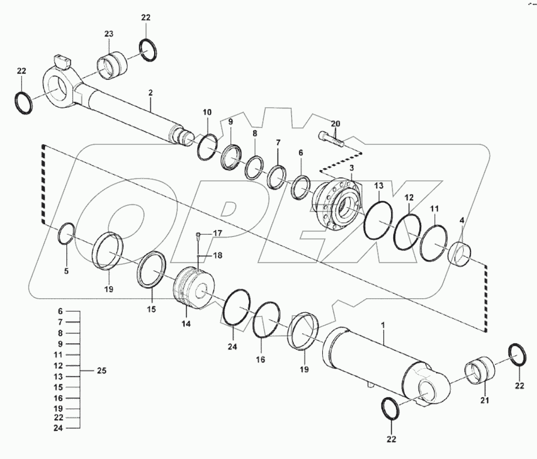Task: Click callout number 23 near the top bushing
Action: point(108,34)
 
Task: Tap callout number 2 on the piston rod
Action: point(150,93)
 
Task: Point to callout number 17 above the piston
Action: point(217,234)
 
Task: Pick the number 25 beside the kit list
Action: point(102,370)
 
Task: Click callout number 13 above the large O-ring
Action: point(379,186)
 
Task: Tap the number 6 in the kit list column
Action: point(60,312)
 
